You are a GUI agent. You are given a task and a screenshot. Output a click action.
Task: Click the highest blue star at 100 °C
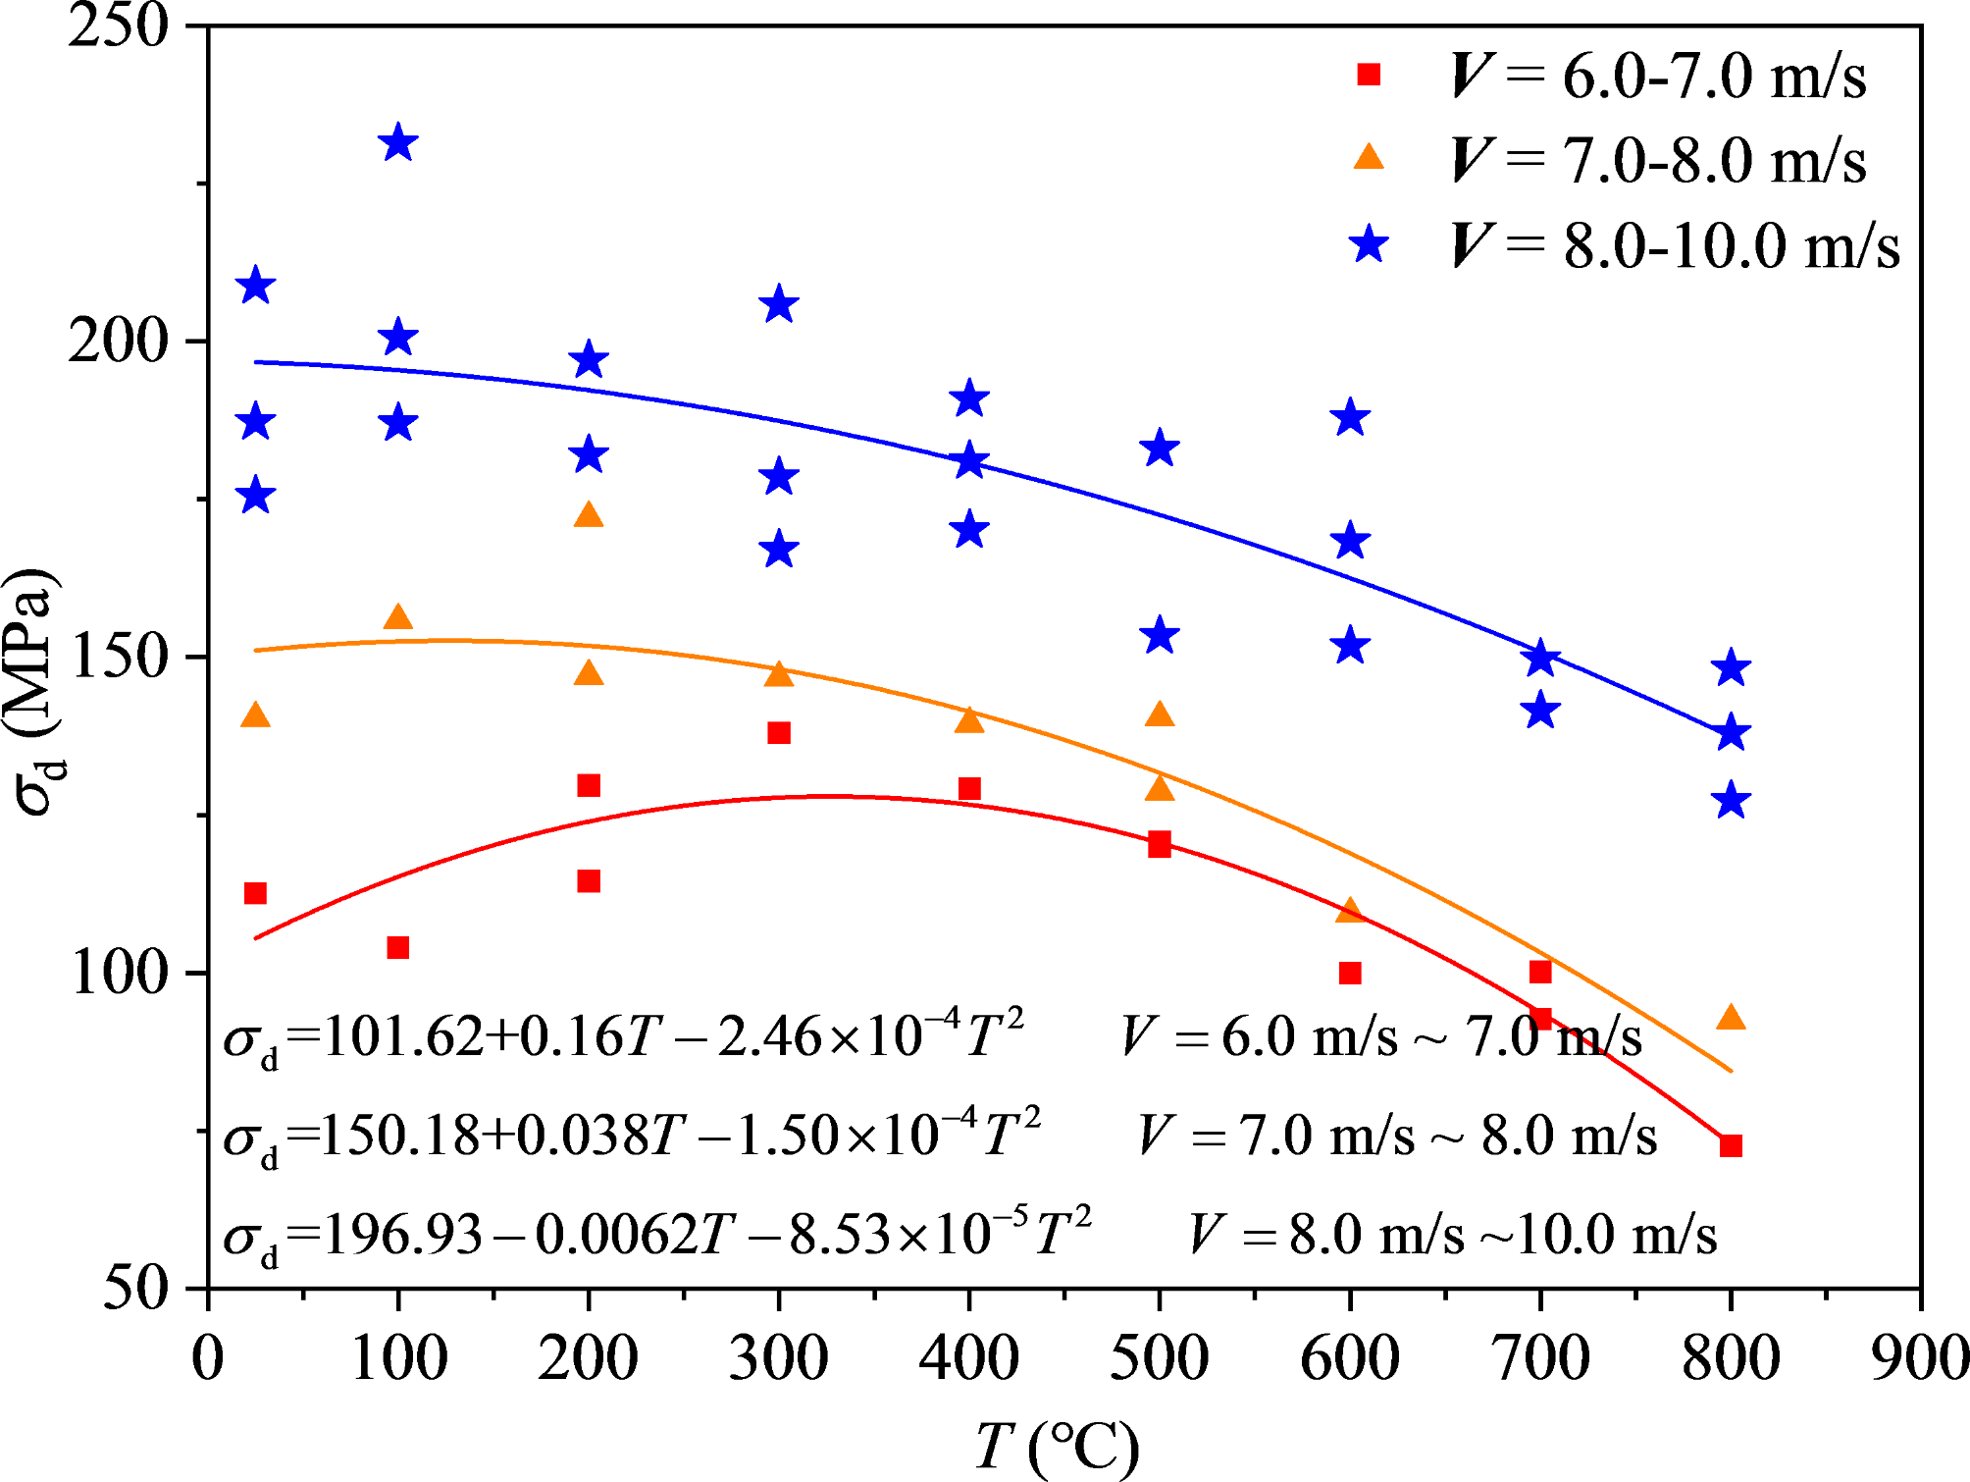coord(397,143)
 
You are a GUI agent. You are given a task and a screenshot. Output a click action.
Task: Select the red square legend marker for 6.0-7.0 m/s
coord(1369,75)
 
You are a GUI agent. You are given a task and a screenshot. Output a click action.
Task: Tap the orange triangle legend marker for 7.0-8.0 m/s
coord(1369,158)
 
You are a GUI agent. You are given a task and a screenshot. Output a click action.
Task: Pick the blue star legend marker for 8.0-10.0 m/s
coord(1369,243)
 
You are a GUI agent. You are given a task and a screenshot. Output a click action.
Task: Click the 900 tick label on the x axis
coord(1919,1358)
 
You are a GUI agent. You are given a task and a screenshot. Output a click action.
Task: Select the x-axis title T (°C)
coord(1057,1446)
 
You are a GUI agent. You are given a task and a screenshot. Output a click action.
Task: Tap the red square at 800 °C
coord(1731,1145)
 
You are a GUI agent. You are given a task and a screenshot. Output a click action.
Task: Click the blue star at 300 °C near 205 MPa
coord(779,304)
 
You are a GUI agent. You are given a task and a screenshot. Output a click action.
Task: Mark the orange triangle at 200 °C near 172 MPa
coord(589,515)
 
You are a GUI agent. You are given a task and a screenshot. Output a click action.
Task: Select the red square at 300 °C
coord(779,732)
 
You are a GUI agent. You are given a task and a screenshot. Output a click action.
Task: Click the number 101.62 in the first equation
coord(402,1036)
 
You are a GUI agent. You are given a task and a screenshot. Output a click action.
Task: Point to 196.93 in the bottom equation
coord(402,1235)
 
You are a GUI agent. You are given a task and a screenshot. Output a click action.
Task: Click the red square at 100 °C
coord(397,947)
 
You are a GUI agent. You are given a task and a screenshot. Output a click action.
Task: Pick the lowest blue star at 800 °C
coord(1731,800)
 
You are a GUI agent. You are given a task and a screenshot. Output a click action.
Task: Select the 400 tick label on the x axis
coord(968,1358)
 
